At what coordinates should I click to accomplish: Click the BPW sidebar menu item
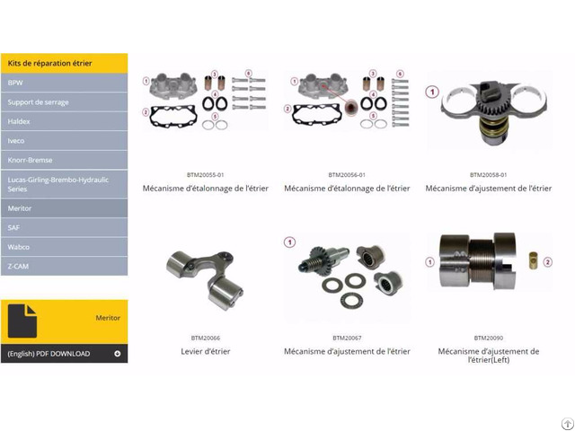(64, 83)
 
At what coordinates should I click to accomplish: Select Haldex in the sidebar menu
(64, 121)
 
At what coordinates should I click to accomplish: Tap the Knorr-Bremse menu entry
(64, 160)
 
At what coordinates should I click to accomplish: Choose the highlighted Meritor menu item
(64, 208)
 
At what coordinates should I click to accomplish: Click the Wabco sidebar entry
(64, 247)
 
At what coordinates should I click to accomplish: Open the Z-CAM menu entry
(64, 267)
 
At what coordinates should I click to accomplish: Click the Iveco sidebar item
(64, 141)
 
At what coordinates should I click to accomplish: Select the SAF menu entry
(64, 227)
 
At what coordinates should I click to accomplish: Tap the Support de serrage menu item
(64, 102)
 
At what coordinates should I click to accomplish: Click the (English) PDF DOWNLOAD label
(49, 354)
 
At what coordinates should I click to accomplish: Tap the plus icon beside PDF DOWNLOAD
(118, 354)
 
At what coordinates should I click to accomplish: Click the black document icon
(22, 321)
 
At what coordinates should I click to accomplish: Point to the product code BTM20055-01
(206, 175)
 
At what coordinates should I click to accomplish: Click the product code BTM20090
(489, 338)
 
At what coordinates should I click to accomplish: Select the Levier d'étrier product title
(206, 351)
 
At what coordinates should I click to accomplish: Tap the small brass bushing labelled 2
(533, 260)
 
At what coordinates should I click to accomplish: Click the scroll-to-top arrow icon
(568, 424)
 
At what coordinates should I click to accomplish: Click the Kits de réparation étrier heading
(50, 63)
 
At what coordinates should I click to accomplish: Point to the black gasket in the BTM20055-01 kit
(173, 117)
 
